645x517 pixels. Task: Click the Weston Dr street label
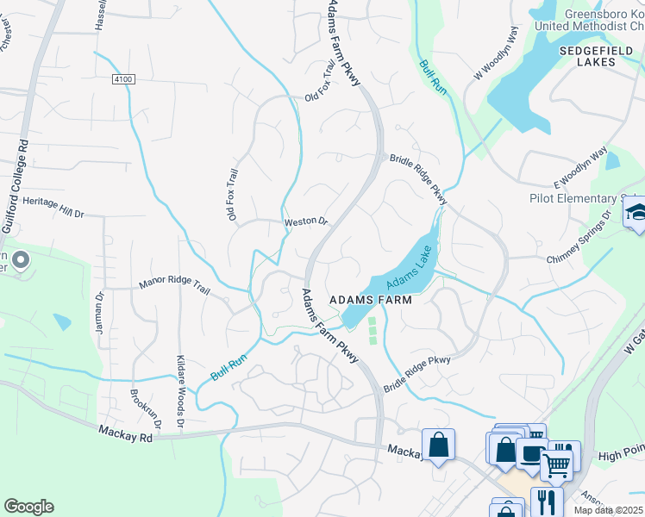click(x=306, y=221)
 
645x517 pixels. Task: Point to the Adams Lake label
click(x=408, y=270)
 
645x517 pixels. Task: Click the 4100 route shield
click(x=123, y=78)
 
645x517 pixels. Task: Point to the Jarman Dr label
click(x=100, y=307)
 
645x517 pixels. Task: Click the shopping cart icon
click(x=556, y=465)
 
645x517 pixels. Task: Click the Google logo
click(x=28, y=507)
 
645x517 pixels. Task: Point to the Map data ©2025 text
click(x=608, y=510)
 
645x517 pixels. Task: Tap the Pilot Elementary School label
click(x=582, y=199)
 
